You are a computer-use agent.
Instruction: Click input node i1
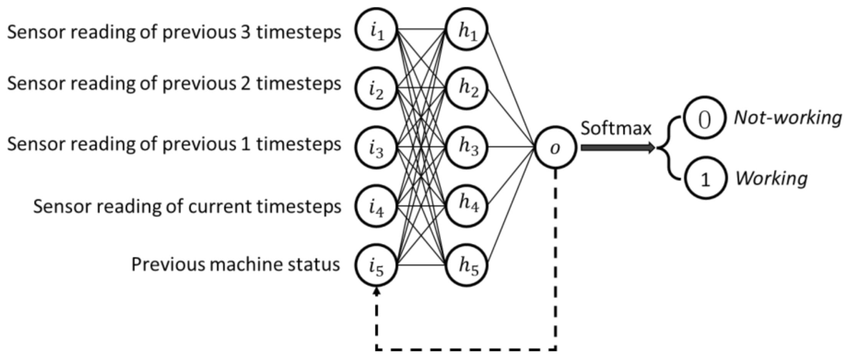[376, 30]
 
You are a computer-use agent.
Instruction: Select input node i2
[376, 88]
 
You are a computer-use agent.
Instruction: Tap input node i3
[376, 147]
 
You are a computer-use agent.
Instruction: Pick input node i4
[376, 206]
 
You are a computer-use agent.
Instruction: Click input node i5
[376, 265]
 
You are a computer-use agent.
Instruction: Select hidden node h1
[467, 30]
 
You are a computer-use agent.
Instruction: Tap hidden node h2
[467, 88]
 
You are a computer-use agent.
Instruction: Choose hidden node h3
[467, 147]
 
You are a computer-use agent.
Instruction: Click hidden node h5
[467, 265]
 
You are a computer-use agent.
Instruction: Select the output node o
[555, 147]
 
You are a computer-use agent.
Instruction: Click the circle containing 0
[704, 118]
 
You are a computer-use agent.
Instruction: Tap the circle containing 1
[706, 178]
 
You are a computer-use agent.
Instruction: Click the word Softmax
[615, 128]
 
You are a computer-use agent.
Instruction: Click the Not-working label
[787, 117]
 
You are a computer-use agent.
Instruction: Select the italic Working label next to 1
[771, 178]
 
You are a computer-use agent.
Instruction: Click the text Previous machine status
[235, 264]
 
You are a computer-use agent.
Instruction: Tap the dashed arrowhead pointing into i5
[376, 292]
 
